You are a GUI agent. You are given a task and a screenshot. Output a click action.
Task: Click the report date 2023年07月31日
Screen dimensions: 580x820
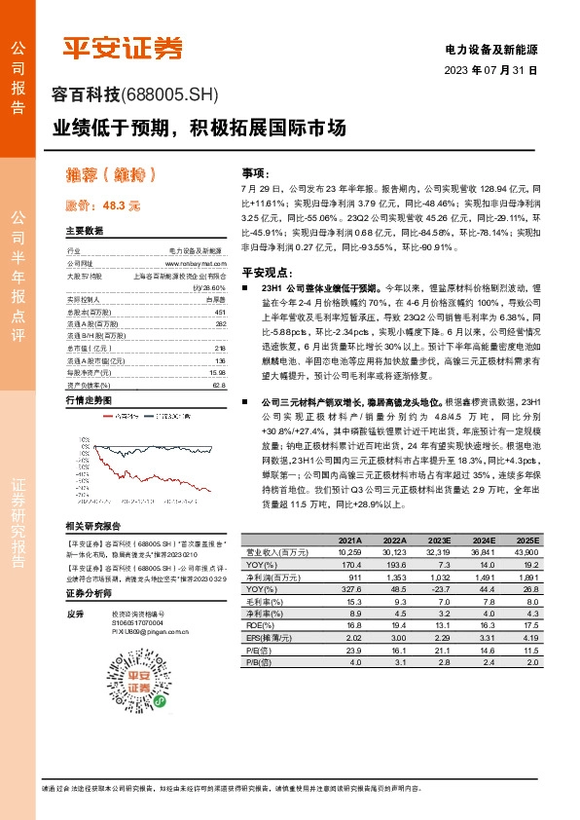tap(490, 71)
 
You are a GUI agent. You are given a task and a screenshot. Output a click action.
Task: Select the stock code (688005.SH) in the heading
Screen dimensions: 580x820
tap(170, 94)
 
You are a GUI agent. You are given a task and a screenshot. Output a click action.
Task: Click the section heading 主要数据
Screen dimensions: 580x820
tap(85, 232)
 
